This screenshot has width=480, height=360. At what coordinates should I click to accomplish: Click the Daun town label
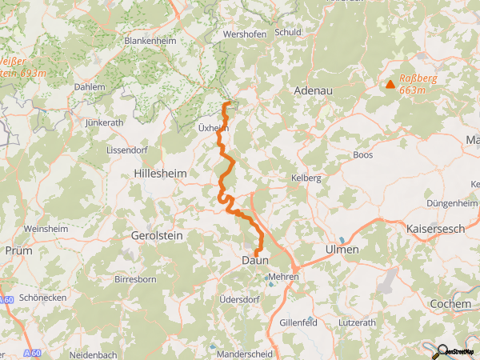click(255, 261)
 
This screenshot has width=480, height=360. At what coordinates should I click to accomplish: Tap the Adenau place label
click(314, 91)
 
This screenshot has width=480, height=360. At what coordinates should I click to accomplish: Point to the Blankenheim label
click(151, 40)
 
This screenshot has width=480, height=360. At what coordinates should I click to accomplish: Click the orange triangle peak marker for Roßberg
click(390, 84)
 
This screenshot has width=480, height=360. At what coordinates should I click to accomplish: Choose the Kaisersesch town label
click(437, 229)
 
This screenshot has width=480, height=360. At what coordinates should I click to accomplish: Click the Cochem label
click(450, 304)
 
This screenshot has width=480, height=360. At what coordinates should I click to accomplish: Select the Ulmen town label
click(342, 250)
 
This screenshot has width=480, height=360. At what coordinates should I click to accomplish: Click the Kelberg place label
click(306, 178)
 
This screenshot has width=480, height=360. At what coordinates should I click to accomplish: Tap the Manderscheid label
click(245, 353)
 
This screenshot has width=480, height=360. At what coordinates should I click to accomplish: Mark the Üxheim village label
click(212, 128)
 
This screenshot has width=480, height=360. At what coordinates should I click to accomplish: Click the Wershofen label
click(244, 35)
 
